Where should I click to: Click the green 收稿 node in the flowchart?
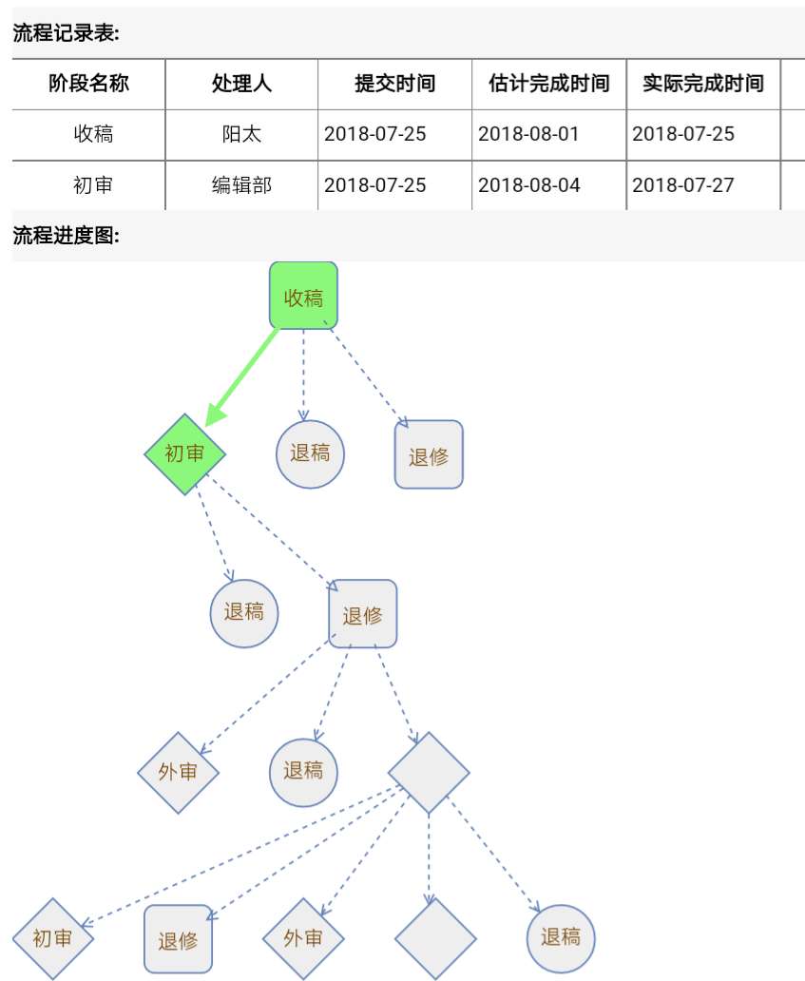click(303, 296)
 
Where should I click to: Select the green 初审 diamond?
click(184, 453)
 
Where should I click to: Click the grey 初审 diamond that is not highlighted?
click(52, 938)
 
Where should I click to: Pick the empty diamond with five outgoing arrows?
click(429, 772)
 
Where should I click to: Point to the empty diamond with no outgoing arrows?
click(434, 938)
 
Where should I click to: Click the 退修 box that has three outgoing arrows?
click(362, 614)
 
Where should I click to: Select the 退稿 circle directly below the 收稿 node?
click(310, 453)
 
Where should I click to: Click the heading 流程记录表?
click(66, 33)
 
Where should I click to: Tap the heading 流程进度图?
click(66, 236)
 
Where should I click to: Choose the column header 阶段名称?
click(88, 84)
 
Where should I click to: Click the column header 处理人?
click(241, 84)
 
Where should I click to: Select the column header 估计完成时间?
click(548, 84)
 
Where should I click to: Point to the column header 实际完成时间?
click(702, 84)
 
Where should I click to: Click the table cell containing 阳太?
click(241, 134)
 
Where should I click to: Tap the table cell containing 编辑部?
click(241, 184)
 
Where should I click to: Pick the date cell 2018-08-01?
click(528, 134)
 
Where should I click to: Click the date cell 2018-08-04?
click(528, 184)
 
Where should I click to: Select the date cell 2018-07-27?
click(682, 184)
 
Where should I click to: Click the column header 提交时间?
click(394, 84)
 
